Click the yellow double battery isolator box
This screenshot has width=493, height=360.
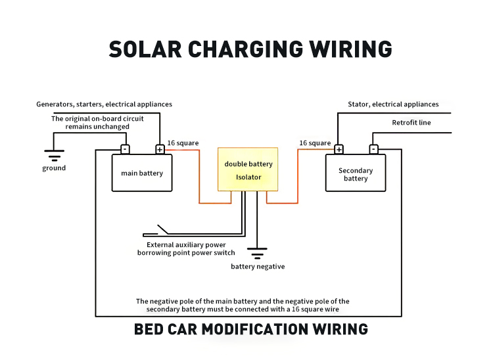248,169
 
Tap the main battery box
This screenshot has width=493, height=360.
142,173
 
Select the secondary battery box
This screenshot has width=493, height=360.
356,173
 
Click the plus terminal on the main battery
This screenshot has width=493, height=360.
160,149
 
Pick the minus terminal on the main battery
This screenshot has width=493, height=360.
125,149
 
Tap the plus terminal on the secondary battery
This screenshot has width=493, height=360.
339,149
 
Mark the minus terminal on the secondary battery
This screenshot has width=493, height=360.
373,149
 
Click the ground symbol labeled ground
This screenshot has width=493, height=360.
54,156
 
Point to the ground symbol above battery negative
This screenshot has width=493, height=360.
257,254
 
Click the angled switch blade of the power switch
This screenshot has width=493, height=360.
163,230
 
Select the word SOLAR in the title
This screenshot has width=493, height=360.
145,49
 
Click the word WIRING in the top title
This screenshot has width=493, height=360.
350,49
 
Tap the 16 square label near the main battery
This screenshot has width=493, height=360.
183,143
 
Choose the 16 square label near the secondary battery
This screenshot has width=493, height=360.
315,143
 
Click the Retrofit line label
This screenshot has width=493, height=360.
411,122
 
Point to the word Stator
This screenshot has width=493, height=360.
358,104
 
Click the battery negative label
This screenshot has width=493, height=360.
258,267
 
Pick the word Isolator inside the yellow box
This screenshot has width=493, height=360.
248,177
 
